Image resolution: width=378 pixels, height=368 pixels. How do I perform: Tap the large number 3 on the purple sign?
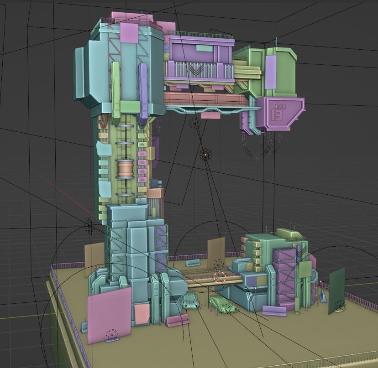click(x=277, y=115)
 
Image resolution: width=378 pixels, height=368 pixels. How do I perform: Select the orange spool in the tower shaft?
click(x=126, y=169)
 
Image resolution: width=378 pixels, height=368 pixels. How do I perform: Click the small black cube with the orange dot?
click(x=206, y=155)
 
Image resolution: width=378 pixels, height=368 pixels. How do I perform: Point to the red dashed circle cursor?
click(x=220, y=277)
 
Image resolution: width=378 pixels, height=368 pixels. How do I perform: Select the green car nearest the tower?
click(x=190, y=301)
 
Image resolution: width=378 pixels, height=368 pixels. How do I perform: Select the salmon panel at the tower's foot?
click(x=142, y=314)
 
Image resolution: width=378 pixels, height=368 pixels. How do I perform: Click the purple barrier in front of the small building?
click(x=274, y=311)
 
